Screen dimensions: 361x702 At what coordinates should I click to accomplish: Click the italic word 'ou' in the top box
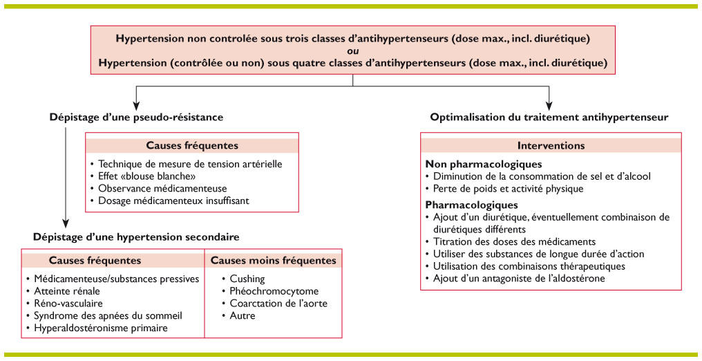pos(352,51)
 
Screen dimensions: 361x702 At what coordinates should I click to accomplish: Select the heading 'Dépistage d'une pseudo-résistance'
pos(137,117)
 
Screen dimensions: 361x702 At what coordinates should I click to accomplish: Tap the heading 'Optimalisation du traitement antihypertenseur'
pos(549,117)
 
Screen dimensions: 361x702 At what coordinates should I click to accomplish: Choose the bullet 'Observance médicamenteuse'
pos(162,188)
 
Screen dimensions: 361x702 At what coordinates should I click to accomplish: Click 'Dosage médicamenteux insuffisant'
pos(173,201)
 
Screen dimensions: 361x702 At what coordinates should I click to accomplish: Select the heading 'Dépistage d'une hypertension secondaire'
pos(136,237)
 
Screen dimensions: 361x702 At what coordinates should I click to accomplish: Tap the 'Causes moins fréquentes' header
pos(273,260)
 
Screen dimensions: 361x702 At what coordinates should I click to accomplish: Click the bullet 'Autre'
pos(243,316)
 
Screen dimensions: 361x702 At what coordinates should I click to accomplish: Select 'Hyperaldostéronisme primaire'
pos(101,328)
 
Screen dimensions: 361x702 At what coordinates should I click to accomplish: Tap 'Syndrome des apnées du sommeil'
pos(108,316)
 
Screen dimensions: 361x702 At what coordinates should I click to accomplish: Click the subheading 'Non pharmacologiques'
pos(483,164)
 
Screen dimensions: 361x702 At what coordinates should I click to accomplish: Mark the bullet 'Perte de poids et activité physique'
pos(508,188)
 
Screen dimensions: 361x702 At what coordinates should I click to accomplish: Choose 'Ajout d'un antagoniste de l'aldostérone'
pos(518,278)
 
